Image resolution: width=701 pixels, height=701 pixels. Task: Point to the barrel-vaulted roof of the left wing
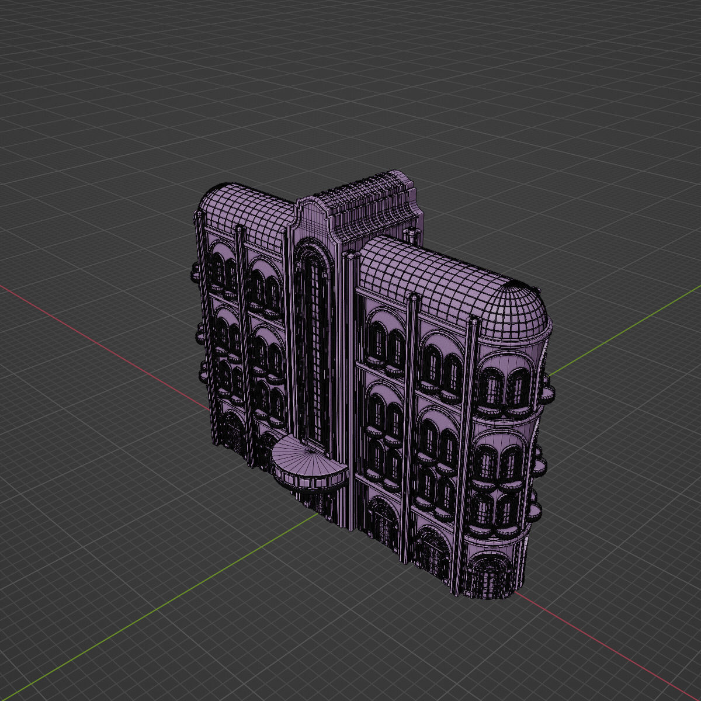pyautogui.click(x=245, y=207)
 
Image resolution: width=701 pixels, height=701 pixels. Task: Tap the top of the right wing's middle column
pyautogui.click(x=413, y=297)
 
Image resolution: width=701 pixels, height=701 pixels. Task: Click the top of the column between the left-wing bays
pyautogui.click(x=239, y=228)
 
